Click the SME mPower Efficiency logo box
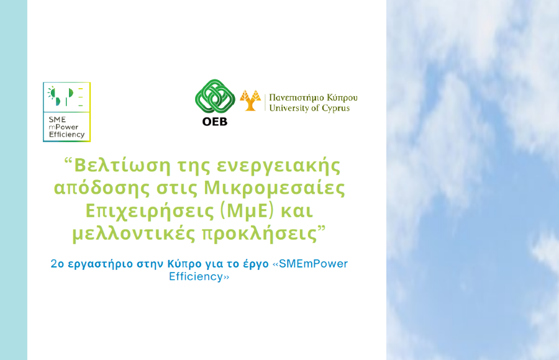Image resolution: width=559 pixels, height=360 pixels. [66, 112]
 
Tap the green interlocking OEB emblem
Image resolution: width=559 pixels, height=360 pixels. [215, 96]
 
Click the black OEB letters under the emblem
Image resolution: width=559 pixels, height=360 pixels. [215, 122]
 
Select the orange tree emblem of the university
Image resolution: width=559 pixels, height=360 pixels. [250, 101]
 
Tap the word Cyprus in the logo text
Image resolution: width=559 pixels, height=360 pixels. [336, 109]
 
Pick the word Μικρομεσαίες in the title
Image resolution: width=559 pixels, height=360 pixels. [274, 188]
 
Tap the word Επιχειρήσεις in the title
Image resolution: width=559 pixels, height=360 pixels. [149, 211]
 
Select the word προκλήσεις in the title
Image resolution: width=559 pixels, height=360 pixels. [260, 235]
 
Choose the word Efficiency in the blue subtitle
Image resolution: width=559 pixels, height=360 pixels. [196, 277]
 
